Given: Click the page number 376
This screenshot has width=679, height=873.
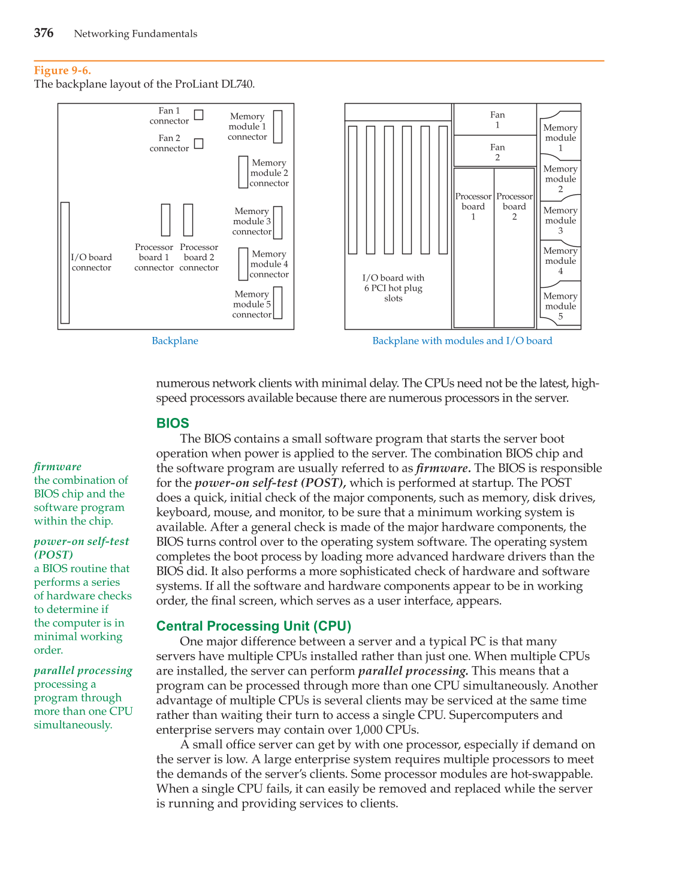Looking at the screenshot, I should pos(44,33).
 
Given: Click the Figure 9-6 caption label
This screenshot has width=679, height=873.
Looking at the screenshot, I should pos(62,70).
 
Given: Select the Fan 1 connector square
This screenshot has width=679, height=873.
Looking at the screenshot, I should pos(199,115).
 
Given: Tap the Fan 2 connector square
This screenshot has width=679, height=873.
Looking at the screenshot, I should pos(199,143).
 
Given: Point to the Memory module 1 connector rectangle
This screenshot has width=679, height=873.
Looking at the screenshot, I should pos(277,127).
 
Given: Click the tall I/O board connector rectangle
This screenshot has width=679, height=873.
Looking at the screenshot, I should pos(65,263).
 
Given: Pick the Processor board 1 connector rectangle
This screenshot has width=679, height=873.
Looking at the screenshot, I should pos(165,220).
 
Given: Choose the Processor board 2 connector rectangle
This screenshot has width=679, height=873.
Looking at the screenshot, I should pos(188,220).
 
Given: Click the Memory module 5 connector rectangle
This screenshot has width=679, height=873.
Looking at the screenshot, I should pos(277,303).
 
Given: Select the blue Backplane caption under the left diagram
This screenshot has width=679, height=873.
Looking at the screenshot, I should pos(175,341).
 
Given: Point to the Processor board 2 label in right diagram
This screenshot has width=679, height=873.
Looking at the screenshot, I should pos(514,206).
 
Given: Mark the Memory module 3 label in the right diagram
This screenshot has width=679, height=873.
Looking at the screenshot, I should pos(560,220).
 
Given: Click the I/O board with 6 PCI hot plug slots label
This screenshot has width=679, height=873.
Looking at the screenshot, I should pos(393,288).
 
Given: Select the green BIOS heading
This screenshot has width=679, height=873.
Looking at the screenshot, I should pos(173,423).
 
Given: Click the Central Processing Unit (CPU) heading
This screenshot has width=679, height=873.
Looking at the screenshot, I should pos(254,626).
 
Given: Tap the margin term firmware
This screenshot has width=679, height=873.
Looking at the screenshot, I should pos(58,466).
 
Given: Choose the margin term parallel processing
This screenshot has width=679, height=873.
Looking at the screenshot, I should pos(83,670).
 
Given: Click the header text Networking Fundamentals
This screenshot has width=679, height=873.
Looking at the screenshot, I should pos(135,34).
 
